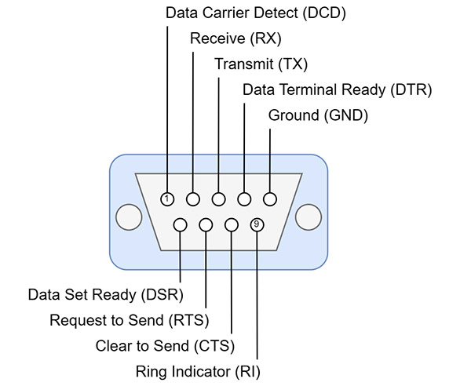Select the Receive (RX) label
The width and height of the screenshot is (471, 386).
click(235, 38)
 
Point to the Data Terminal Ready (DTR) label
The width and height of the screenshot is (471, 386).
click(338, 89)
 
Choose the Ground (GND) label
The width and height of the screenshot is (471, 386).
click(318, 115)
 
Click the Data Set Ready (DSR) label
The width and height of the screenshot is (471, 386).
click(105, 295)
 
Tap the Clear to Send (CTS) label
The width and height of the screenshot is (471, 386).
click(165, 345)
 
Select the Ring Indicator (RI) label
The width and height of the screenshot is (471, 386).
click(199, 370)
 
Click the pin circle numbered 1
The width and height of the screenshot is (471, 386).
click(167, 199)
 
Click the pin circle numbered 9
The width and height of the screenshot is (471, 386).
click(257, 225)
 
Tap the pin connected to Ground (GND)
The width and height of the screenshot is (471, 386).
click(270, 199)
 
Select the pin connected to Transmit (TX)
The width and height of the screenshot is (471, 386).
click(219, 199)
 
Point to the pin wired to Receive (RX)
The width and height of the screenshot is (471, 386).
click(193, 199)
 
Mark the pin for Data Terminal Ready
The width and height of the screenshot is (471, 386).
click(245, 199)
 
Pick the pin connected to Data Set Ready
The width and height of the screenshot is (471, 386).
click(181, 225)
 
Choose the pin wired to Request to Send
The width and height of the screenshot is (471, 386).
click(206, 225)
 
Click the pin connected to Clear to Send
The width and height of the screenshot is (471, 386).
click(232, 225)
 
